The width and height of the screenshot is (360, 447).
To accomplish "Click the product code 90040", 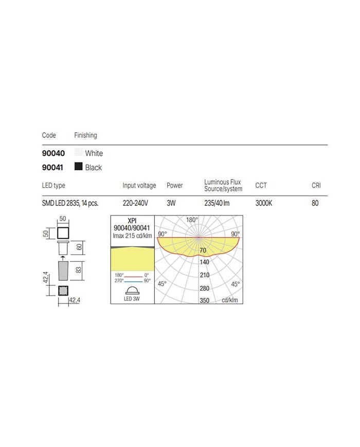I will pos(53,153).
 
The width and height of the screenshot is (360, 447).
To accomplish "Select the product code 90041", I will pos(53,167).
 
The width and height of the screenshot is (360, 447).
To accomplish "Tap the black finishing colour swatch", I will pos(78,167).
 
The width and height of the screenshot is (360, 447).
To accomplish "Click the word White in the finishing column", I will pos(94,153).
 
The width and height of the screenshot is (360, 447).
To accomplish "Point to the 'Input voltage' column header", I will pos(139,185).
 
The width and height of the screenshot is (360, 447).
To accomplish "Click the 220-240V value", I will pos(136,203).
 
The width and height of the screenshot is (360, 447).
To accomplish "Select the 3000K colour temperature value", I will pos(264,203).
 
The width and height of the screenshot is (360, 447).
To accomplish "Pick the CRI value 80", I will pos(315,203).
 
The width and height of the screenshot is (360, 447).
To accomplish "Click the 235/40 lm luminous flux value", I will pos(217,203).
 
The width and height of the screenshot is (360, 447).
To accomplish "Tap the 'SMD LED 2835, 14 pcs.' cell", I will pos(70,203).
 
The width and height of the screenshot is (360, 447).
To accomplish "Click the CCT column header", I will pos(261,185).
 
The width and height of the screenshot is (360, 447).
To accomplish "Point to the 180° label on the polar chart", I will pos(192,220).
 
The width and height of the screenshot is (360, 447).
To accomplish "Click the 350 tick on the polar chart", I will pos(204,300).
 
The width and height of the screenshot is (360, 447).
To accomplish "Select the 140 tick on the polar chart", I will pos(204,262).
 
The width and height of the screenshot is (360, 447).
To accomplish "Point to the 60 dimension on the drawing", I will pos(79,247).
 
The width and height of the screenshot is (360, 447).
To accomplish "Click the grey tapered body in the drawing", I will pos(63,270).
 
